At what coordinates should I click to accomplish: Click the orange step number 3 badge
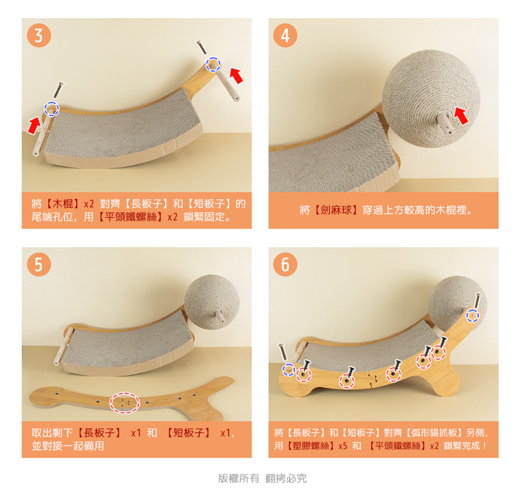point(38,35)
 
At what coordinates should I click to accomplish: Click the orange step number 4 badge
point(285,35)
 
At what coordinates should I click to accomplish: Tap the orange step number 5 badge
point(38,264)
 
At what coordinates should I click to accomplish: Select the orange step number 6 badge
point(285,264)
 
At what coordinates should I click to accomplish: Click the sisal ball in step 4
point(431,98)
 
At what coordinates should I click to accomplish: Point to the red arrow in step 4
point(461,116)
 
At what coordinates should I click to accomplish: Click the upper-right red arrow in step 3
point(236,75)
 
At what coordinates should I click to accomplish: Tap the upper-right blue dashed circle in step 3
point(213,64)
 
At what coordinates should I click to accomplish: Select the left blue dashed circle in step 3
point(52,108)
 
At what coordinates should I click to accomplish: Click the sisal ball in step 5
point(212,302)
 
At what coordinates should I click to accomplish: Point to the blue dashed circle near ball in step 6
point(472,315)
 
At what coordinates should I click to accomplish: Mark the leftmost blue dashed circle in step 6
point(289,369)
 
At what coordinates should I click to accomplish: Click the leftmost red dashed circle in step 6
point(303,374)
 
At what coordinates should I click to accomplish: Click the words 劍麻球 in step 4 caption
point(336,210)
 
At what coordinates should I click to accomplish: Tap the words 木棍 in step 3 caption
point(62,203)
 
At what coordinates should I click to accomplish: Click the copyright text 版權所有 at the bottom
point(238,478)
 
